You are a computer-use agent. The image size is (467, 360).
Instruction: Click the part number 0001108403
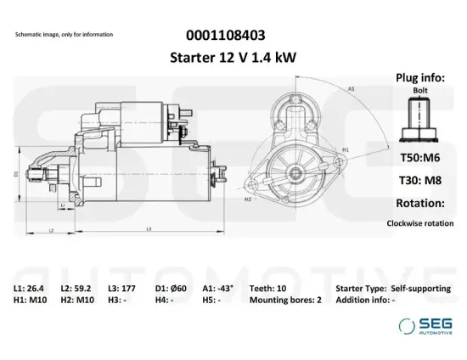(224, 36)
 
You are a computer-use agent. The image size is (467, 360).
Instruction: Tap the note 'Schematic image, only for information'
(64, 35)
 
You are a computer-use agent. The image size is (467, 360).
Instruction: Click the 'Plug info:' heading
(419, 77)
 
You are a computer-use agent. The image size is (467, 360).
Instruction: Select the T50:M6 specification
(419, 158)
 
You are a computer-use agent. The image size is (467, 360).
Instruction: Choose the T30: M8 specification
(419, 180)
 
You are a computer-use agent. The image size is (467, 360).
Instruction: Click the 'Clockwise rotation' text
(419, 224)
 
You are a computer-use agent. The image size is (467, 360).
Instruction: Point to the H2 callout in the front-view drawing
(247, 200)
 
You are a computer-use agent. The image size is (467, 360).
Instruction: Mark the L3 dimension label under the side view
(149, 228)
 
